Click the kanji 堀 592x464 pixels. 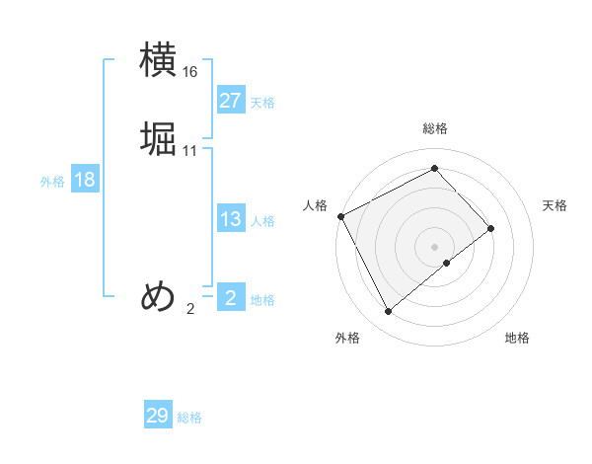[x=158, y=139]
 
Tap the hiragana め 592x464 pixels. [x=158, y=296]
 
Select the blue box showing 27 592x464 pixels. [x=230, y=101]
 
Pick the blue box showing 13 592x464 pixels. [x=230, y=219]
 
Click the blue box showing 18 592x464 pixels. [x=84, y=180]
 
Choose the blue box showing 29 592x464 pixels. [x=158, y=416]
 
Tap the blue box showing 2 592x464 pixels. [x=230, y=297]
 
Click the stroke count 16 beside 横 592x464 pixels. [x=190, y=72]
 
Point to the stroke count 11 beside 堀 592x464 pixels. [x=190, y=151]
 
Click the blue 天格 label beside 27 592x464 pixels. [x=262, y=103]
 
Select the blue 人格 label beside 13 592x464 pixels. [x=262, y=221]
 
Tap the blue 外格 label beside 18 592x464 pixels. [x=52, y=182]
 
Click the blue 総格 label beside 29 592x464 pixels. [x=189, y=418]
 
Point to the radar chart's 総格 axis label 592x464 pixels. [x=435, y=128]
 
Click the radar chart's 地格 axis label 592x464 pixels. [x=517, y=339]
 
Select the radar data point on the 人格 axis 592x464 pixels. [x=340, y=216]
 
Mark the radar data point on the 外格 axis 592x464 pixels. [x=389, y=312]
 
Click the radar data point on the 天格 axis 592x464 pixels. [x=491, y=228]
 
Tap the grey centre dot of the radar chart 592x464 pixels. [x=435, y=246]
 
